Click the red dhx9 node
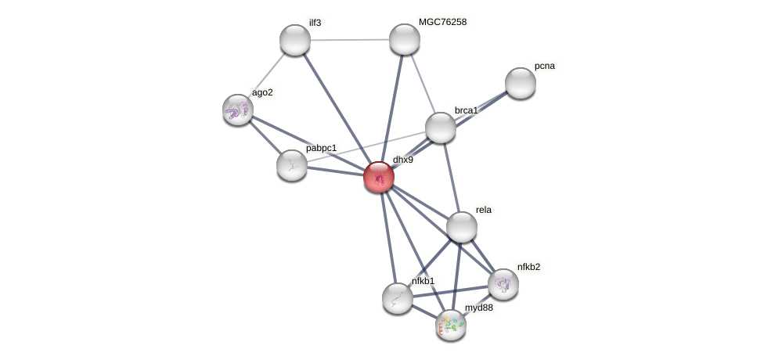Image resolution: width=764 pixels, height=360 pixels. click(x=379, y=177)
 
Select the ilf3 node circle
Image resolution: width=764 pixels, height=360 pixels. click(x=295, y=40)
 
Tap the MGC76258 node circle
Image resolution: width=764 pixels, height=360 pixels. click(x=405, y=39)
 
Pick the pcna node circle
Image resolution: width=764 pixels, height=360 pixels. click(x=521, y=83)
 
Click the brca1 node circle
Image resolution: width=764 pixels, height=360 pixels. click(x=441, y=128)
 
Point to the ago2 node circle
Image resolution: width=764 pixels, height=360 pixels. click(x=238, y=110)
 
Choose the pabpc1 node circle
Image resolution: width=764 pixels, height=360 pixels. click(x=292, y=165)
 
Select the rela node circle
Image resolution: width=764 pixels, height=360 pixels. click(x=462, y=227)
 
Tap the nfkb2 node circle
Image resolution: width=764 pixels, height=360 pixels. click(x=503, y=284)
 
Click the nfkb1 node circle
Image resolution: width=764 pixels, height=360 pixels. click(x=398, y=298)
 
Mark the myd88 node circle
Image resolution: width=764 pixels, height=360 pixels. click(x=451, y=325)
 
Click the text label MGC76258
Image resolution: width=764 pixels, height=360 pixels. click(x=442, y=22)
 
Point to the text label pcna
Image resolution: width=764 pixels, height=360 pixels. click(x=545, y=66)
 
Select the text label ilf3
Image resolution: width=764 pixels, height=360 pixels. click(x=315, y=23)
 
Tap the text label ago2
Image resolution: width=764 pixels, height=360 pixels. click(x=262, y=92)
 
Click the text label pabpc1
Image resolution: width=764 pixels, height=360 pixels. click(x=321, y=148)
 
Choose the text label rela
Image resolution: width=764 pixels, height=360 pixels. click(x=484, y=210)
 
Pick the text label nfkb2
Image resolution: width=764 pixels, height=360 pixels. click(x=528, y=267)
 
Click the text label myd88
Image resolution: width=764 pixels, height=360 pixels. click(x=479, y=308)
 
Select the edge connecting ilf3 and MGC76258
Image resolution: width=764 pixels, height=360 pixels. click(x=350, y=39)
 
